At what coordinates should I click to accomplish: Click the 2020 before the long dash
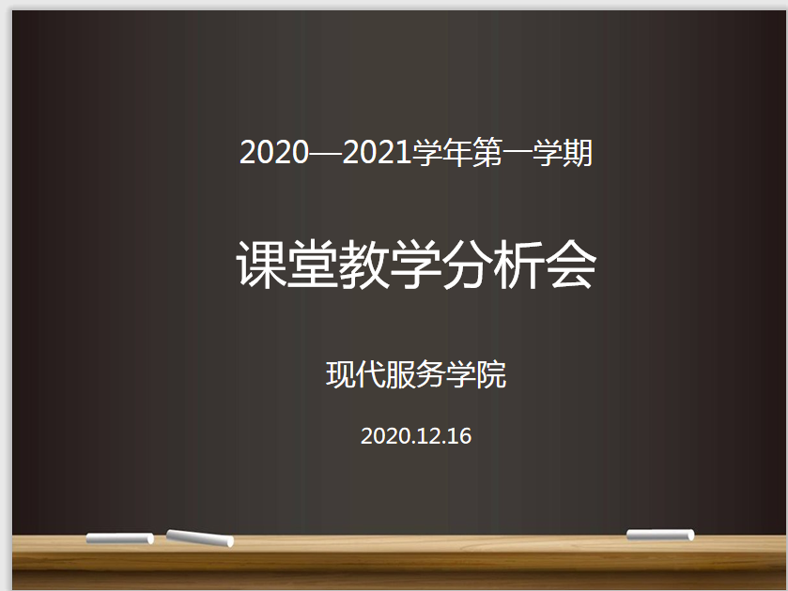tap(274, 152)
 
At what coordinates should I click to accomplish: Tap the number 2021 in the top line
tap(377, 152)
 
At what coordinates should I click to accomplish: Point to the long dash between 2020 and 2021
tap(325, 153)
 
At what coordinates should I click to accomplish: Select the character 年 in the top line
tap(456, 152)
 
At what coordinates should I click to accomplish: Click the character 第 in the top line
tap(487, 152)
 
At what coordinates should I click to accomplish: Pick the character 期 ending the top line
tap(578, 152)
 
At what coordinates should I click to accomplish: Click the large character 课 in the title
tap(261, 265)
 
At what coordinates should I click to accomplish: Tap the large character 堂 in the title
tap(313, 265)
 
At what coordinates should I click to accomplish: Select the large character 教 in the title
tap(364, 265)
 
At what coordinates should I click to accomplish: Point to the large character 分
tap(468, 265)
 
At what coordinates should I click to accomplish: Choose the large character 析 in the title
tap(519, 265)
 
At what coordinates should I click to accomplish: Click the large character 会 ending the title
tap(571, 265)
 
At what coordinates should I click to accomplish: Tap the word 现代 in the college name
tap(356, 374)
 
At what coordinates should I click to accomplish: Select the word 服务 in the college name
tap(416, 374)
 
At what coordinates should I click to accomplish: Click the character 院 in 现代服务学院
tap(491, 374)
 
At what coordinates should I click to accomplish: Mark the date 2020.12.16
tap(416, 436)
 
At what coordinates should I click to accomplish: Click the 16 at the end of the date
tap(460, 436)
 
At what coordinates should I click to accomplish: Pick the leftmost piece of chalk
tap(119, 538)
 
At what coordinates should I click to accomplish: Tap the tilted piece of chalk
tap(200, 538)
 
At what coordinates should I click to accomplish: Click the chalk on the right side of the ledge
tap(660, 535)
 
